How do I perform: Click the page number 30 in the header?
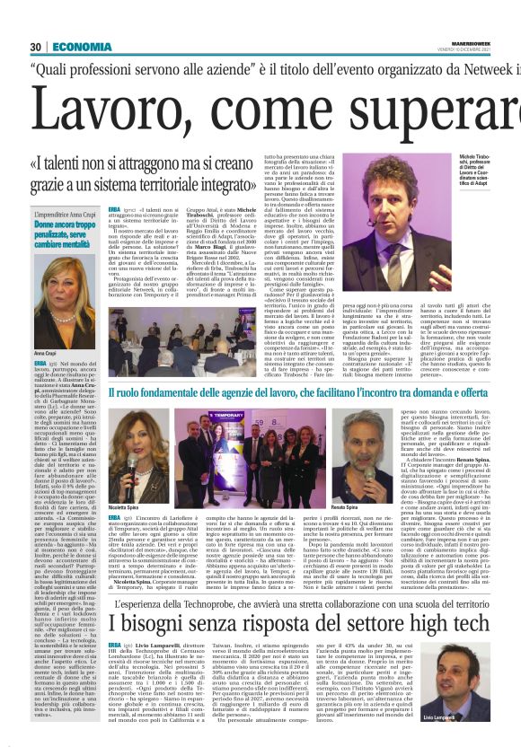pos(35,48)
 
